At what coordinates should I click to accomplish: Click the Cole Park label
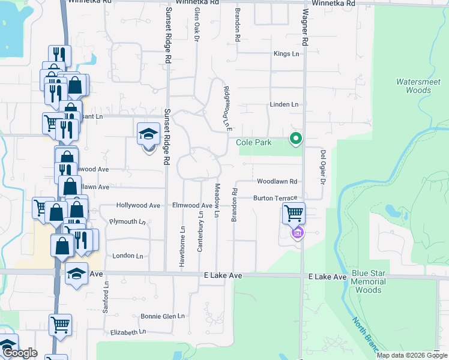point(253,143)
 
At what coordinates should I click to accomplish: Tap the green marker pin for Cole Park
point(295,139)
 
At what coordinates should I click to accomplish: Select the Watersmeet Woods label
point(414,86)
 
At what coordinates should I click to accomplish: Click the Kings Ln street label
point(286,54)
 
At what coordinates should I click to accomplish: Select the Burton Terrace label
point(275,198)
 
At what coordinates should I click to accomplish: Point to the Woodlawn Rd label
point(277,181)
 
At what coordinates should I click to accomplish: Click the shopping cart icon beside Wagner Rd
point(294,213)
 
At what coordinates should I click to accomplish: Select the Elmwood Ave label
point(192,205)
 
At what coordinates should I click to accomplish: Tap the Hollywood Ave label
point(138,205)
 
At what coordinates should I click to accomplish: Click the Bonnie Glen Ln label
point(162,316)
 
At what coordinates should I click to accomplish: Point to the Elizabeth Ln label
point(128,332)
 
